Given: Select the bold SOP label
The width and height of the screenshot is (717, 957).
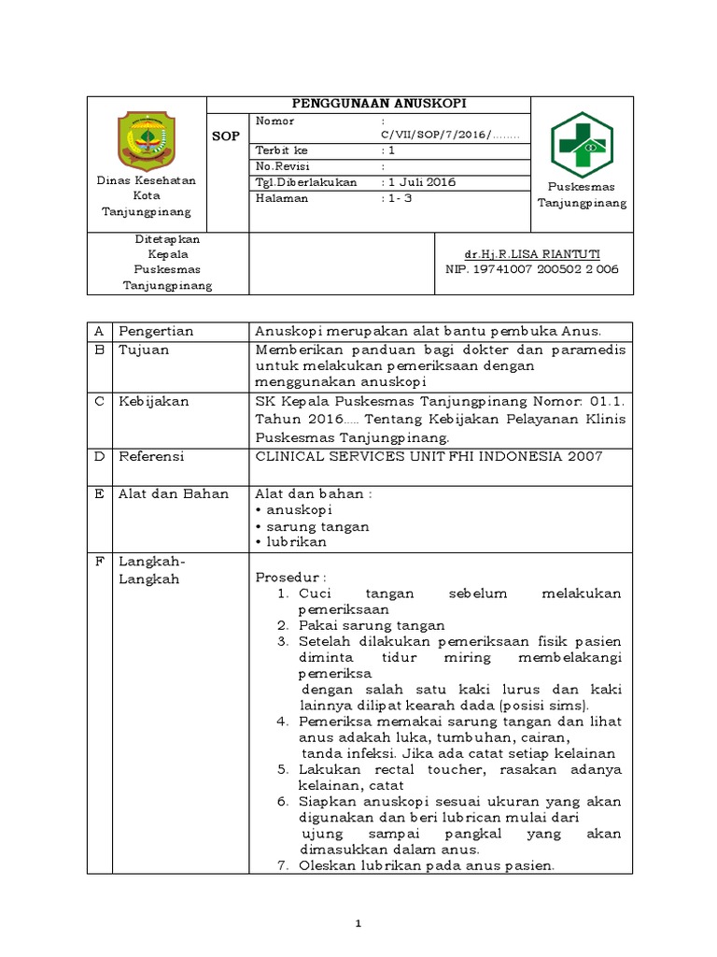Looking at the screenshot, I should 227,136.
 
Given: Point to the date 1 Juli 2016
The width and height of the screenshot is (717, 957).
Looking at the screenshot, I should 422,182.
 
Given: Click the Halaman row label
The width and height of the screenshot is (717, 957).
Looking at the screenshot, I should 281,198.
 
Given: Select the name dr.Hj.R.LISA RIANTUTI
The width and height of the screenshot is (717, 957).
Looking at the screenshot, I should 532,255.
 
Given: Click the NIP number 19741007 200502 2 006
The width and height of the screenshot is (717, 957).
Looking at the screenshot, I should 532,269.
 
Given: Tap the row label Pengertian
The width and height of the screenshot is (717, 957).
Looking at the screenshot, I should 155,331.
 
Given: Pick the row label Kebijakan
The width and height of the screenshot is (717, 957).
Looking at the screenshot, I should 153,401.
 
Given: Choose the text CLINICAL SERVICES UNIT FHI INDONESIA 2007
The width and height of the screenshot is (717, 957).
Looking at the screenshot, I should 429,456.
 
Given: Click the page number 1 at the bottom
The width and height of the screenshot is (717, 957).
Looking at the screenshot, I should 358,924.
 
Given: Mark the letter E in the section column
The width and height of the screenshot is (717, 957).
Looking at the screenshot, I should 98,493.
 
